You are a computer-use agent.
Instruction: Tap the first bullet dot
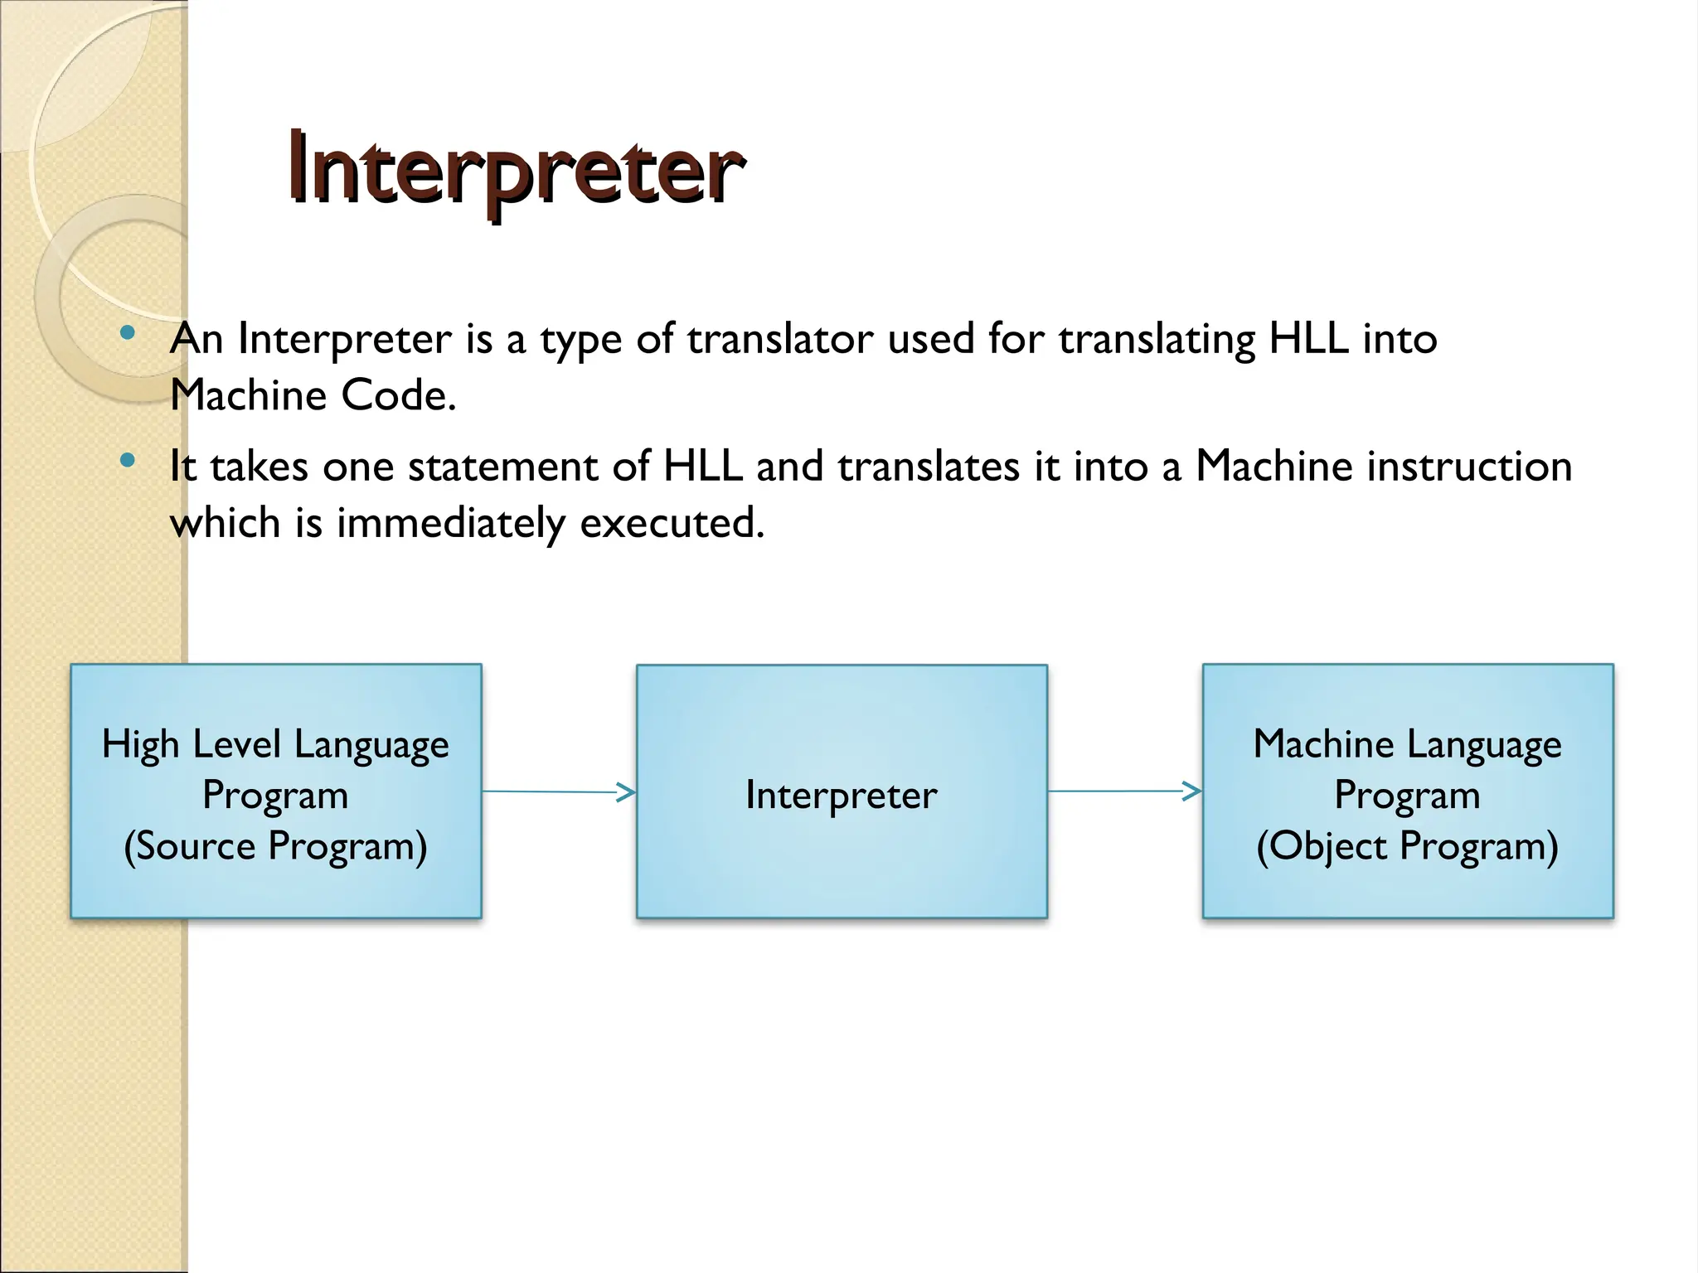coord(127,333)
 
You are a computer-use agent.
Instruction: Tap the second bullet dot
coord(127,460)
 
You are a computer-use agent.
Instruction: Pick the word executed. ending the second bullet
coord(672,523)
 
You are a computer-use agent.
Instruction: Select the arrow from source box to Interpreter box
coord(558,791)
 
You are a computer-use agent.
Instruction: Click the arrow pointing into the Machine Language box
coord(1124,791)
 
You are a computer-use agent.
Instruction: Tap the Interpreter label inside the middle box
coord(841,795)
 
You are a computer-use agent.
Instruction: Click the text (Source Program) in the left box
coord(275,846)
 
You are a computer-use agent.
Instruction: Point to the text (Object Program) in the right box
coord(1407,846)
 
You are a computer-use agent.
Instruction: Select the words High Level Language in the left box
coord(275,743)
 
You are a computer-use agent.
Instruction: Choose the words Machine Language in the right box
coord(1407,743)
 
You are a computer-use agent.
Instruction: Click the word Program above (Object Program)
coord(1407,795)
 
